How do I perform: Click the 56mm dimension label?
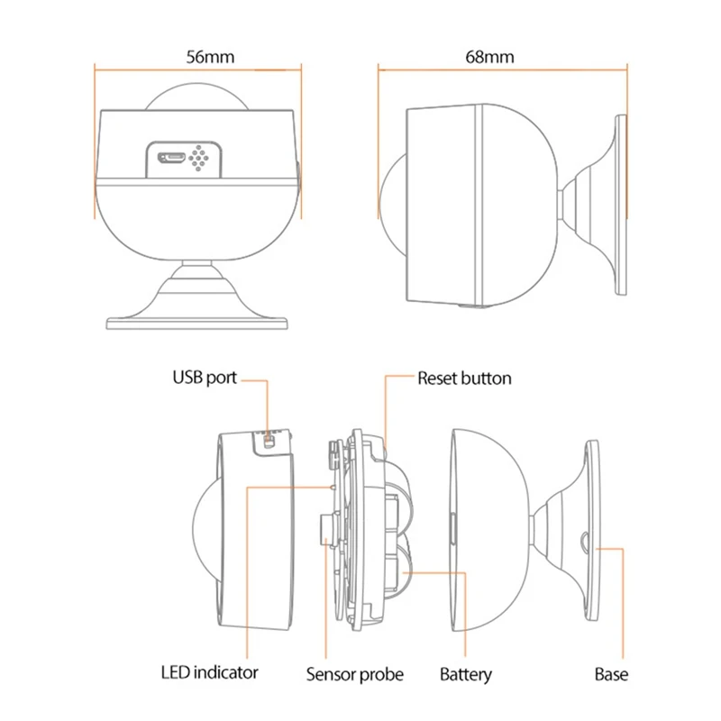[x=210, y=56]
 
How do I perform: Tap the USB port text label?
[x=205, y=377]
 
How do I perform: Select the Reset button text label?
[x=463, y=378]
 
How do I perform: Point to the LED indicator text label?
[x=209, y=672]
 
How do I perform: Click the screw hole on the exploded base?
[x=583, y=543]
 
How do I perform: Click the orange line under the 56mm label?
[x=198, y=66]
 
